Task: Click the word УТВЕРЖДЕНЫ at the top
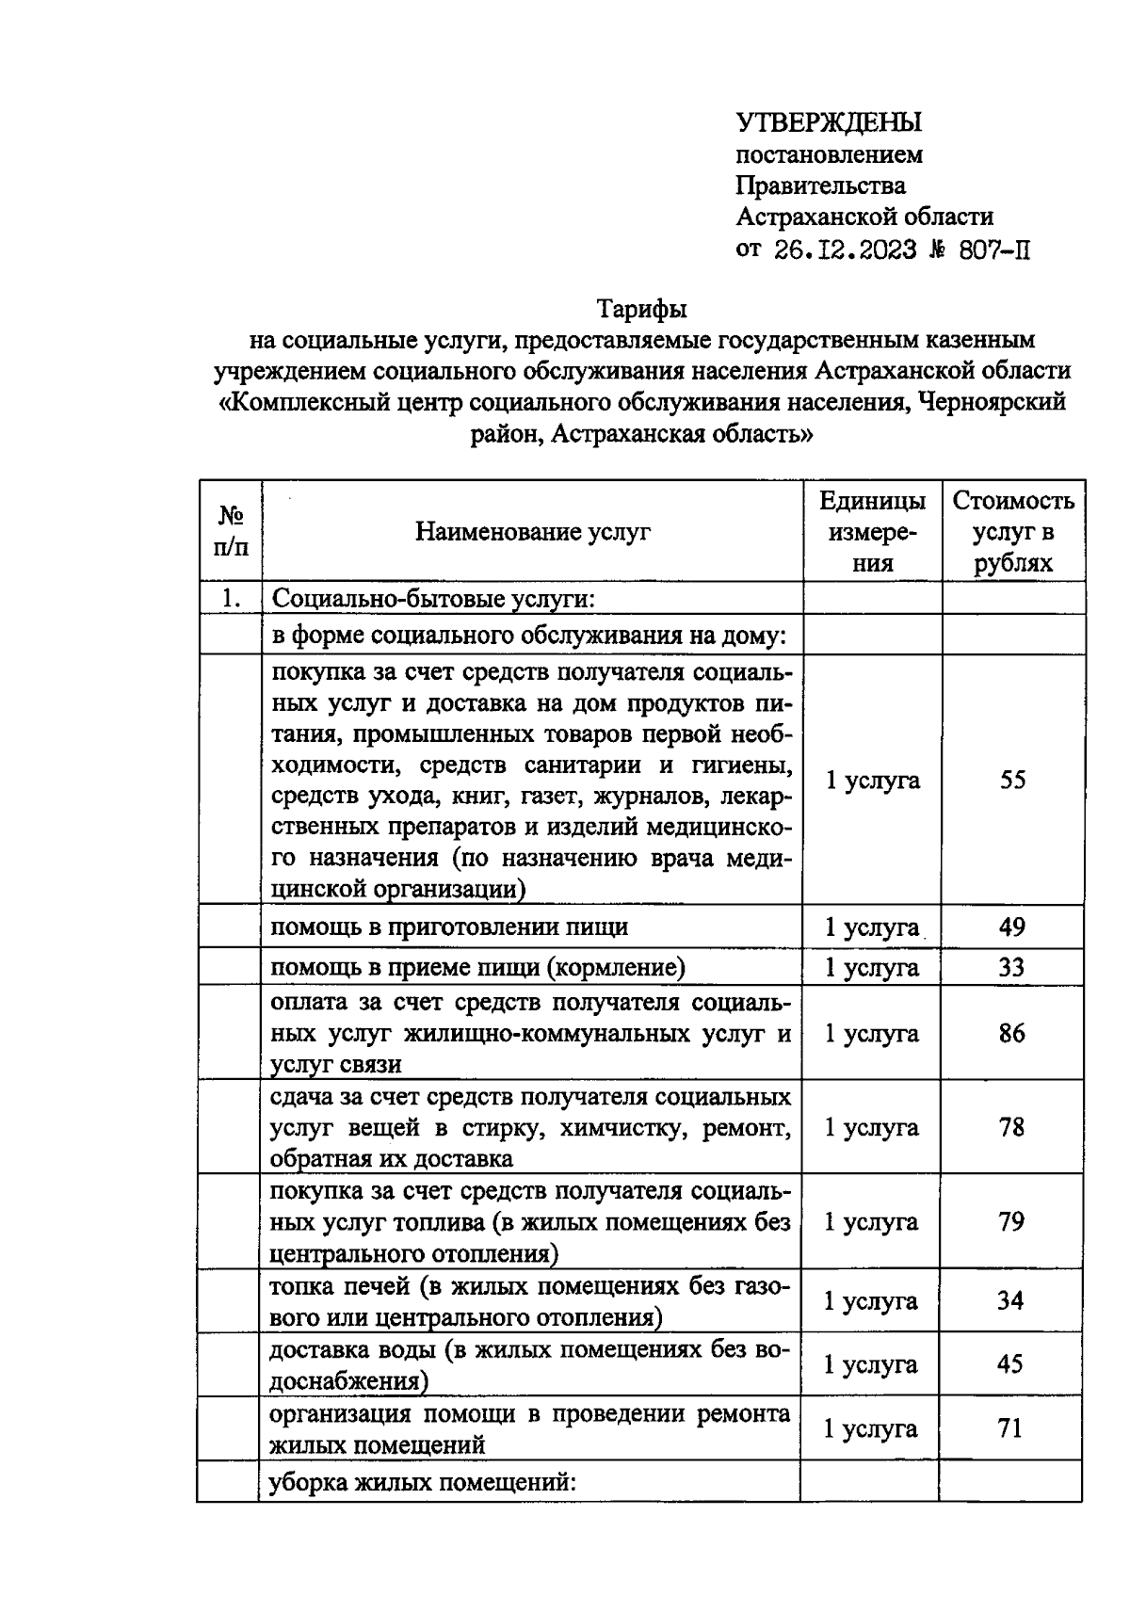click(828, 122)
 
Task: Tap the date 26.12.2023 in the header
click(845, 250)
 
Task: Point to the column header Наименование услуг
click(533, 532)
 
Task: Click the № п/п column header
click(231, 531)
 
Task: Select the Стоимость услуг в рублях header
click(1012, 532)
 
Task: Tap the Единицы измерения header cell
click(872, 532)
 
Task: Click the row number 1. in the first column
click(231, 599)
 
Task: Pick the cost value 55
click(1012, 780)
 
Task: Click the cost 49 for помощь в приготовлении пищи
click(1011, 927)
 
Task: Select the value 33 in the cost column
click(1011, 967)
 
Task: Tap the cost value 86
click(1011, 1033)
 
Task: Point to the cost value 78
click(1011, 1127)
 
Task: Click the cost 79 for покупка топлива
click(1011, 1221)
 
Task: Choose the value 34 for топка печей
click(1010, 1300)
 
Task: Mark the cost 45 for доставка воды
click(1010, 1364)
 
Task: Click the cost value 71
click(1009, 1428)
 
